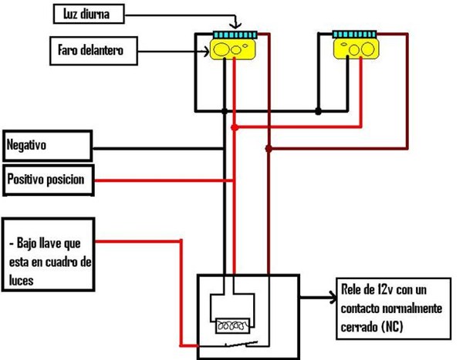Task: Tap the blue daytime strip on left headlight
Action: (232, 35)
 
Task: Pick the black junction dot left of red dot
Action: (225, 112)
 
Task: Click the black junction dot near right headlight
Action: (318, 112)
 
